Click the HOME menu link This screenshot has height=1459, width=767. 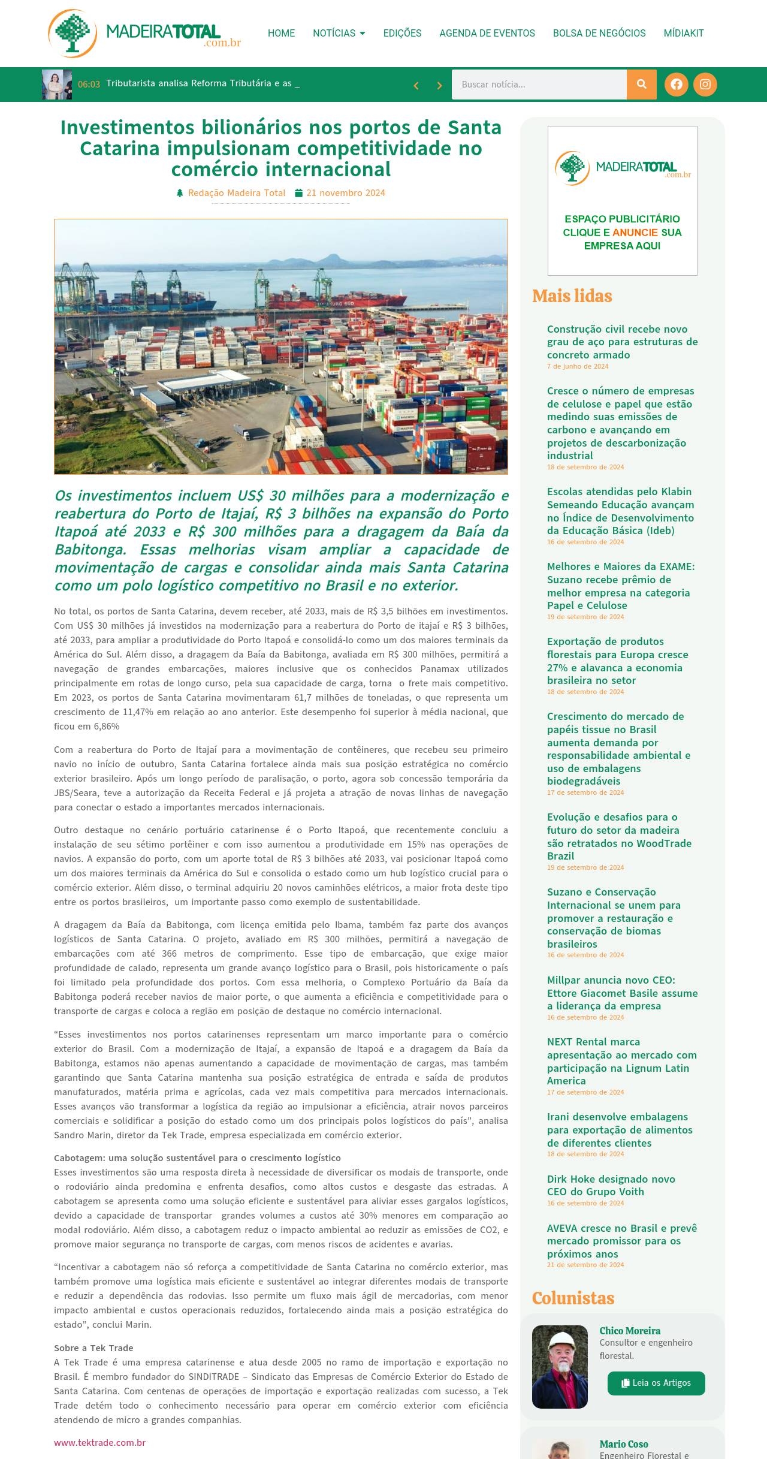(x=281, y=33)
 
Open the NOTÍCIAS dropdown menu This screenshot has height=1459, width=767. (x=339, y=33)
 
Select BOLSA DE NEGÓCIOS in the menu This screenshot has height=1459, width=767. (x=599, y=33)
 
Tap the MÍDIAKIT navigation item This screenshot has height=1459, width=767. (x=684, y=33)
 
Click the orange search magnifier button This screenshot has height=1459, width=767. (x=642, y=85)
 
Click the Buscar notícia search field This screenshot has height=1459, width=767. (x=539, y=85)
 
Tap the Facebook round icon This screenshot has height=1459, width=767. (x=677, y=85)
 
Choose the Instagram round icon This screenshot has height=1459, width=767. (x=705, y=85)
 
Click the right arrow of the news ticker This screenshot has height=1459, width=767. (x=439, y=86)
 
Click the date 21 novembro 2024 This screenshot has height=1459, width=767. (x=345, y=193)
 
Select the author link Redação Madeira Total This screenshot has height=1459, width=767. (x=236, y=193)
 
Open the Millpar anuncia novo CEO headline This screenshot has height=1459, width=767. (x=622, y=993)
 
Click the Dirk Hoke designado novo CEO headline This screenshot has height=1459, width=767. (x=611, y=1185)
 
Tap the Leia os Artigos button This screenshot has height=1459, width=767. (x=656, y=1383)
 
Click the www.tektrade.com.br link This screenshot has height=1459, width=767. (x=99, y=1442)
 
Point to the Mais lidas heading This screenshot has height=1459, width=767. (x=572, y=296)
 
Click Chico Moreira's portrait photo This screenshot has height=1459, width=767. (x=560, y=1367)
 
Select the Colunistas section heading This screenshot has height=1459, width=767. (x=573, y=1298)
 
